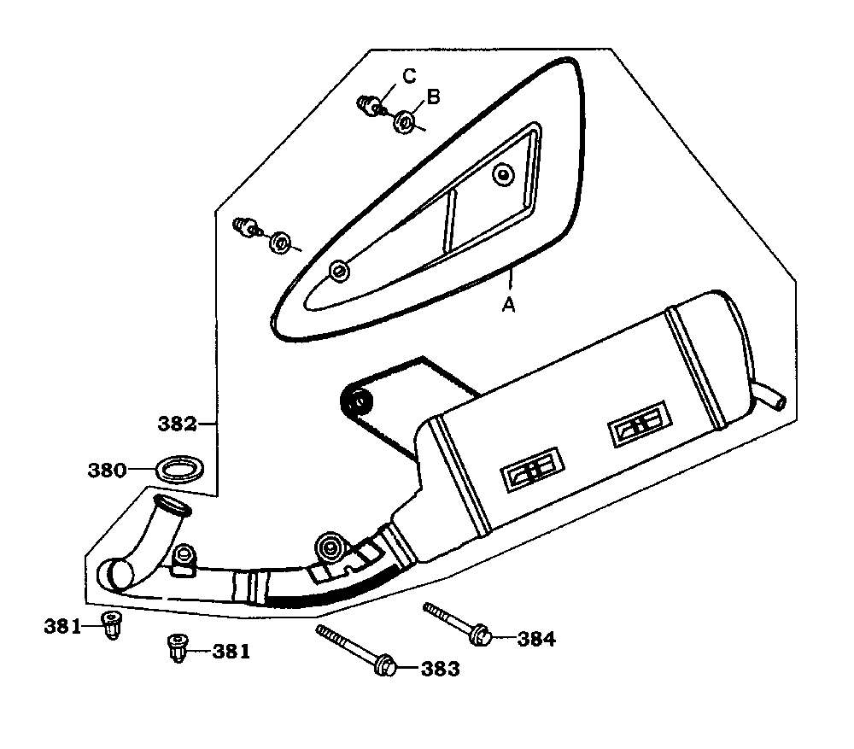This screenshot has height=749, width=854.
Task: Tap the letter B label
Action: [433, 97]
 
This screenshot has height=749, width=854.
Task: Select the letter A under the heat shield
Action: [508, 305]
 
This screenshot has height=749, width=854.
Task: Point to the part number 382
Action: [178, 424]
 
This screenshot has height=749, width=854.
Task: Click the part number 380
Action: [108, 470]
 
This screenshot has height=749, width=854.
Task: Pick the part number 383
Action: [440, 669]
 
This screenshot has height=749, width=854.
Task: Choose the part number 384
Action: [535, 639]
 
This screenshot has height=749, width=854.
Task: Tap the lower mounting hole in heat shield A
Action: [339, 272]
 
